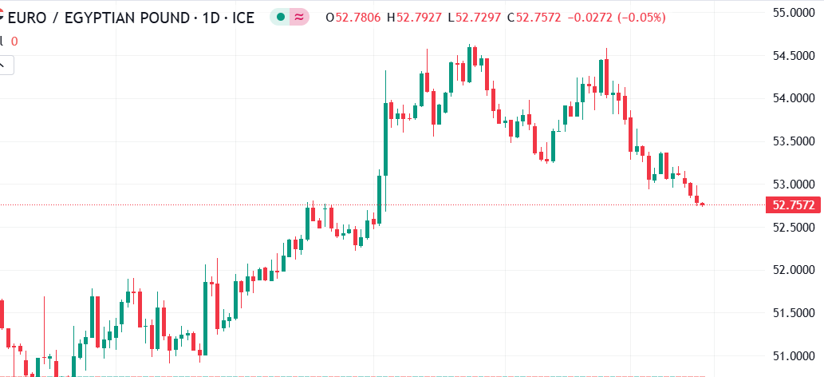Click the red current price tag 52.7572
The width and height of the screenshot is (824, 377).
pos(793,205)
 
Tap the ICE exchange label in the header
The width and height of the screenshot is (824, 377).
pos(242,17)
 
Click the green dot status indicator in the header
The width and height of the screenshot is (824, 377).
pos(280,17)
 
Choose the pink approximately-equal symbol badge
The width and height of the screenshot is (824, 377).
pos(299,17)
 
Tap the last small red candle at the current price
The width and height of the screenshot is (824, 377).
pos(702,204)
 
